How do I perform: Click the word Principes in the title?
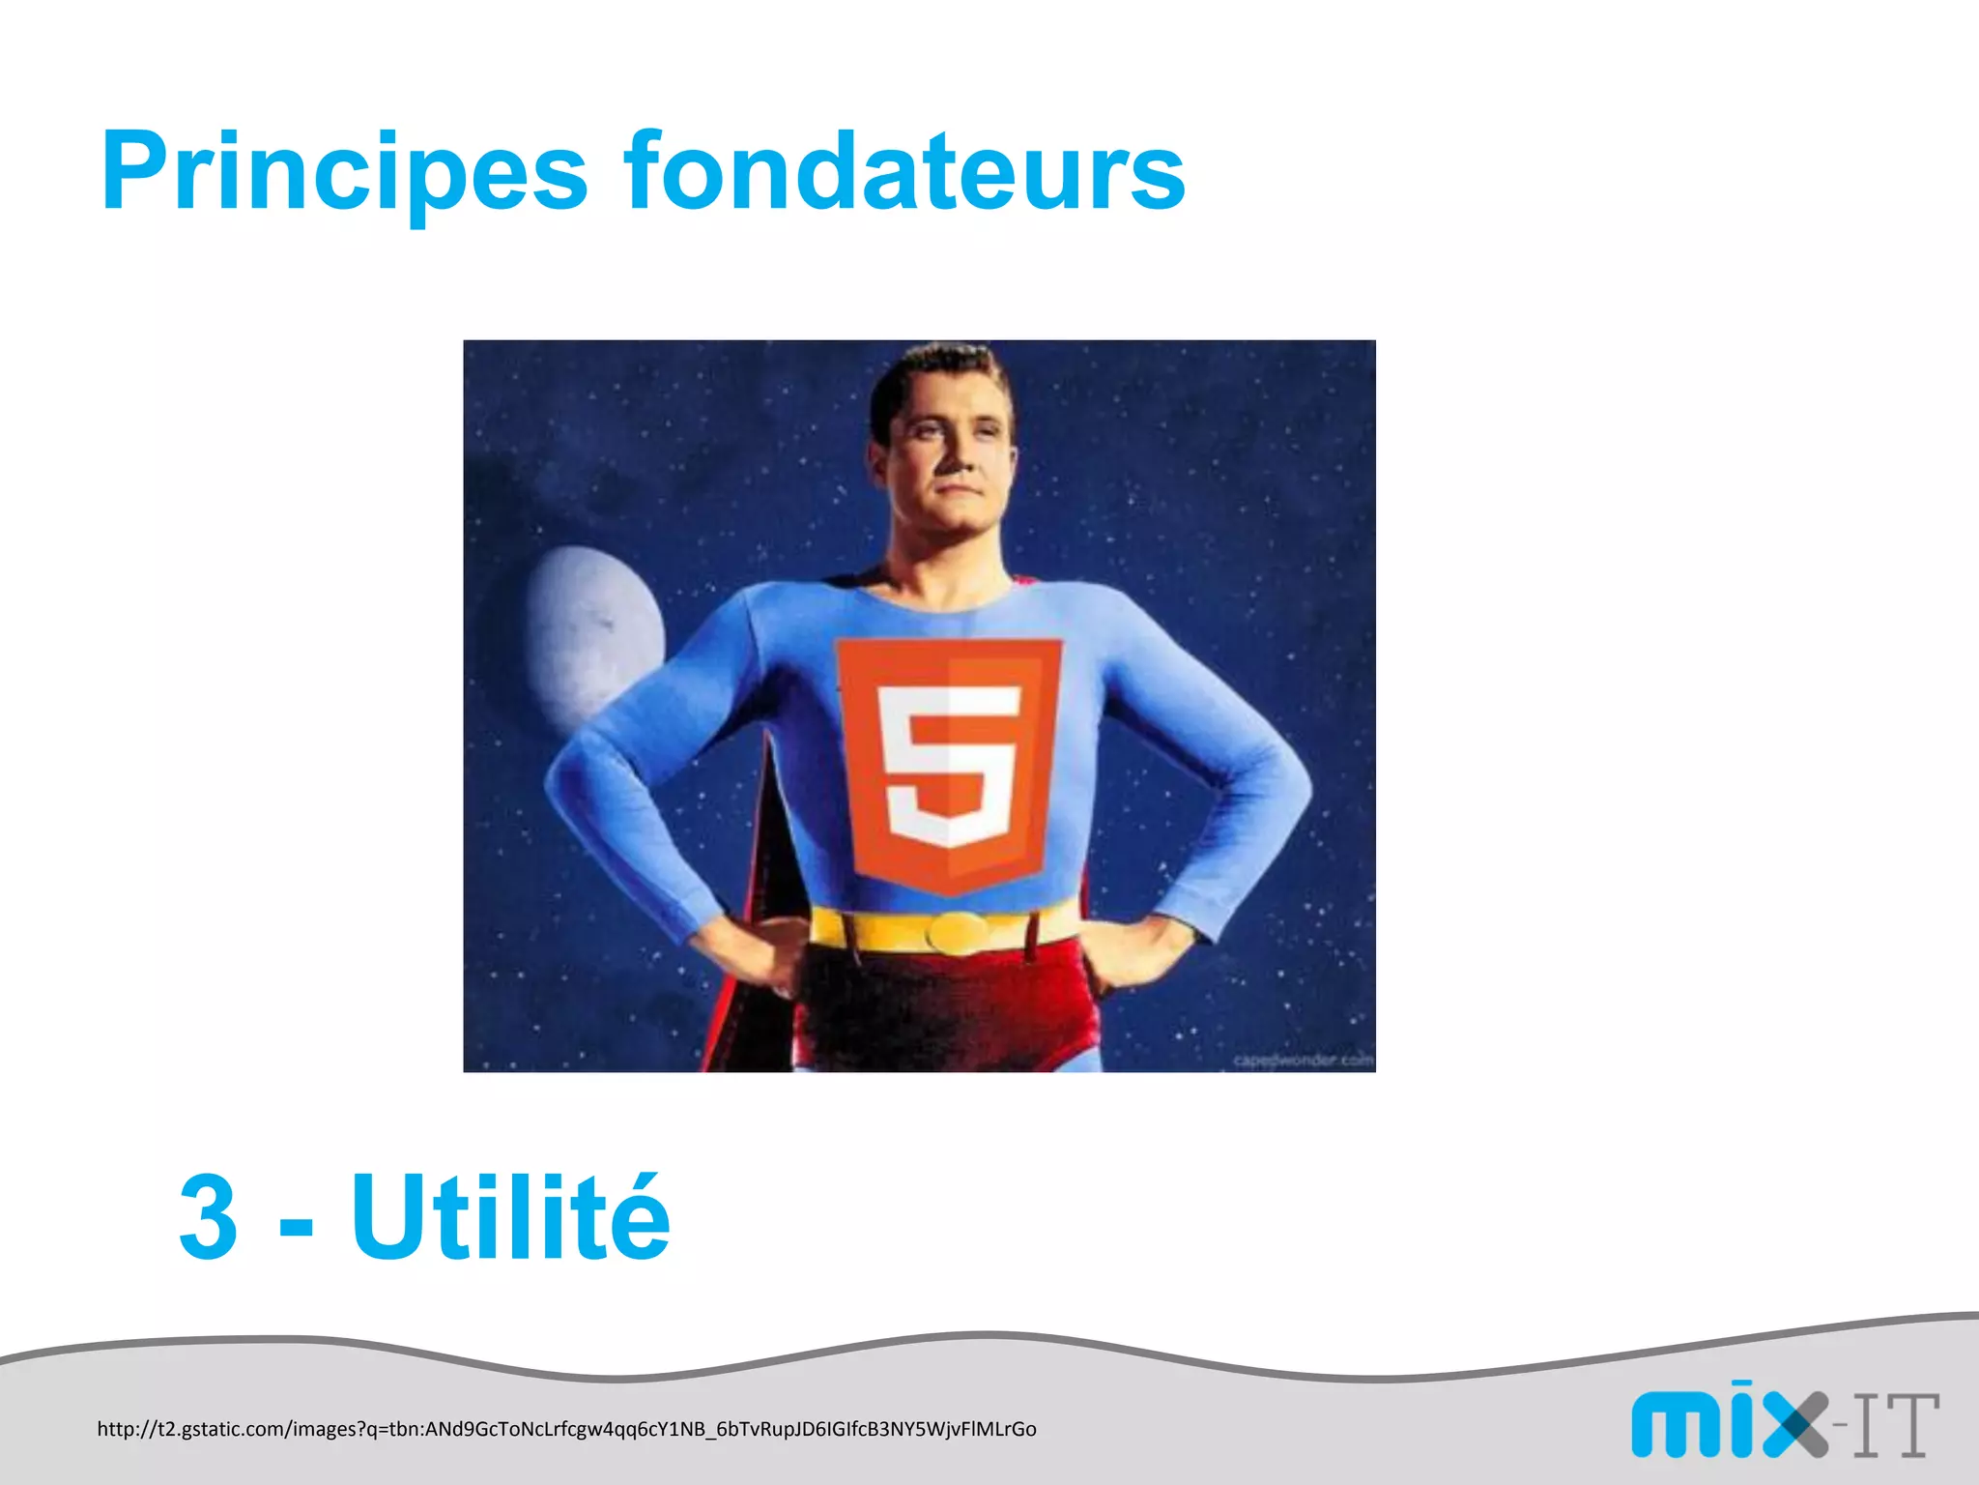(x=344, y=174)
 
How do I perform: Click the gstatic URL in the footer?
(x=566, y=1429)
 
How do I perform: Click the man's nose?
(x=952, y=454)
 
